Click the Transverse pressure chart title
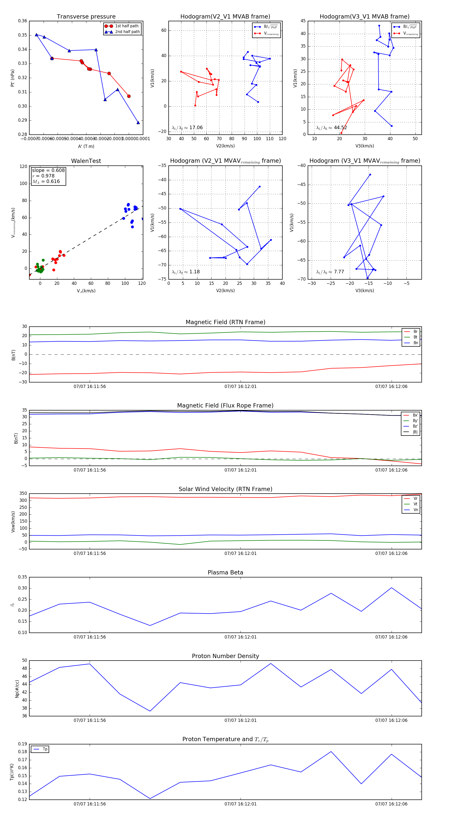86,17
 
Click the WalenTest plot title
86,161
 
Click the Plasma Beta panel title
225,572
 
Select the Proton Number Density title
225,656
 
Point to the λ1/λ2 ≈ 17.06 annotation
187,128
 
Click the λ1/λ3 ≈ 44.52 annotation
331,128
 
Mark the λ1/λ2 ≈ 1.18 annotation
185,272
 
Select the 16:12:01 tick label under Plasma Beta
241,637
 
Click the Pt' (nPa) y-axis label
13,78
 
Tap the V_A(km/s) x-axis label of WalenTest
86,291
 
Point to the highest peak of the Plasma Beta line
391,588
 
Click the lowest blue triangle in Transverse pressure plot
138,122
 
